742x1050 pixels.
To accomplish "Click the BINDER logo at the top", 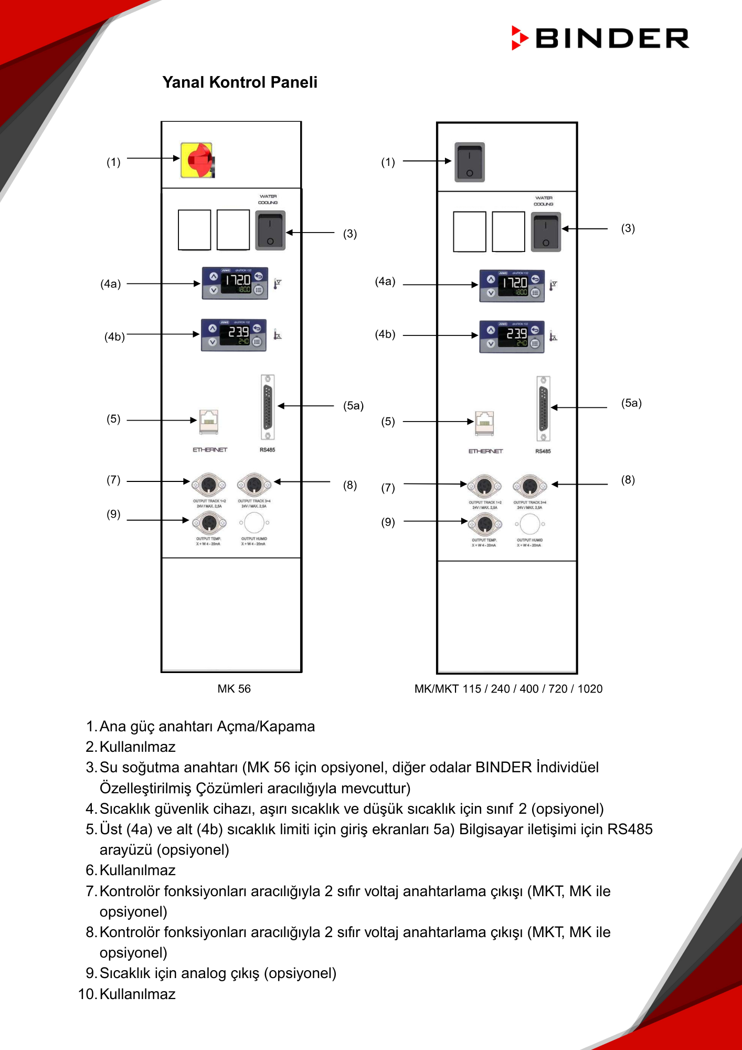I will (x=600, y=38).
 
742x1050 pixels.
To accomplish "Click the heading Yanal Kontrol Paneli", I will (x=240, y=82).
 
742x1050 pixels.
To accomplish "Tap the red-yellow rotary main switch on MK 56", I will (x=198, y=160).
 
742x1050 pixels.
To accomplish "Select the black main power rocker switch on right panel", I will (x=470, y=162).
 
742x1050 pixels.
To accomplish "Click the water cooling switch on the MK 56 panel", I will (x=270, y=230).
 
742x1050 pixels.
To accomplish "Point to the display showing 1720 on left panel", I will (x=235, y=283).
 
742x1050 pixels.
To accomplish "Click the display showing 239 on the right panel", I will (x=512, y=337).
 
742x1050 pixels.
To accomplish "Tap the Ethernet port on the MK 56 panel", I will (x=209, y=422).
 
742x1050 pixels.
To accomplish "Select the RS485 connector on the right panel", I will (x=543, y=408).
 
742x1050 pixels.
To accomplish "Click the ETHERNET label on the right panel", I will (x=485, y=451).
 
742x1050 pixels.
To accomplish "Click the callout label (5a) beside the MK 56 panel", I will (x=353, y=405).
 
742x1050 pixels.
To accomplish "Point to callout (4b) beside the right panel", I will (x=385, y=334).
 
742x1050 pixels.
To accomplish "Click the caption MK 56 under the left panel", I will (x=234, y=689).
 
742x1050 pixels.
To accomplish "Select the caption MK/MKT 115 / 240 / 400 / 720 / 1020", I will (x=508, y=689).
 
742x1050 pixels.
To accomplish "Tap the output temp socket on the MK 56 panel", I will (x=209, y=522).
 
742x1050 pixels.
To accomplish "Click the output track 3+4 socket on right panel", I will (x=529, y=486).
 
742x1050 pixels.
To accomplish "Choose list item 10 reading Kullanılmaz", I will (x=137, y=994).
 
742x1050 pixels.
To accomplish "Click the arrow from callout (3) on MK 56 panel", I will (x=310, y=232).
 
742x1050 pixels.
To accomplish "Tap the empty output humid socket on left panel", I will (x=254, y=523).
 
